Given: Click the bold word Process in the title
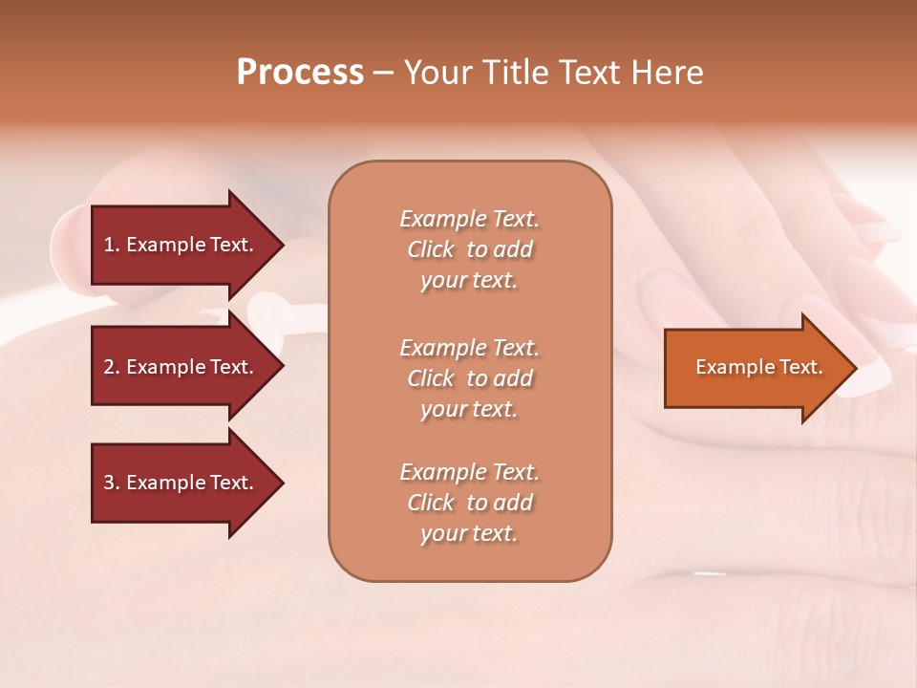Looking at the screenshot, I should point(300,73).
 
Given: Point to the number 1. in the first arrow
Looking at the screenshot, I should point(112,245).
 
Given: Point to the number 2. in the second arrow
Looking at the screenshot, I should point(112,367).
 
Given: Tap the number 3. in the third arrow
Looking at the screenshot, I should point(112,483).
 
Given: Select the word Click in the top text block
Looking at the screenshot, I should point(431,250).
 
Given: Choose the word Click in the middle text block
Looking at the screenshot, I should point(431,378).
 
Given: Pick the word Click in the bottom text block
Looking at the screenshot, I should point(431,503).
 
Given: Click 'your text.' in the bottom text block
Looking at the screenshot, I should point(469,534).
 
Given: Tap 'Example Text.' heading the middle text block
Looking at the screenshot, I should point(469,348).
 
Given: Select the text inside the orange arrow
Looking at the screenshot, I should point(758,367).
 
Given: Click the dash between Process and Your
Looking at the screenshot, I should point(383,74).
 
